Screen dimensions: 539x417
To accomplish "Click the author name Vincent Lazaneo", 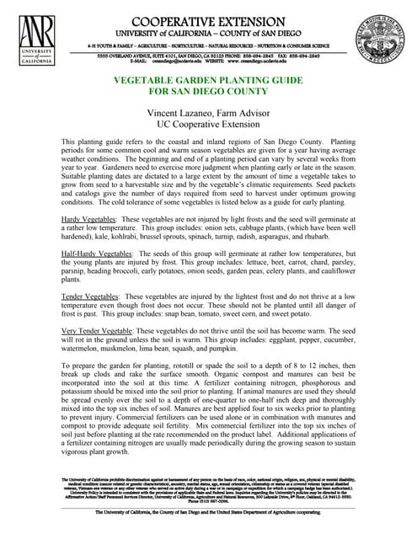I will (179, 110).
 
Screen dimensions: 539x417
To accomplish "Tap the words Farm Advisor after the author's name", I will (252, 110).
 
